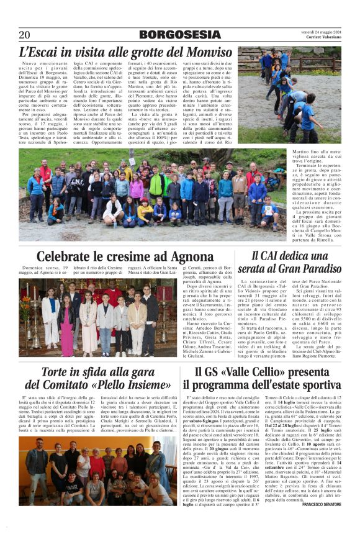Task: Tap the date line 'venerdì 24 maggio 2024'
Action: [x=320, y=31]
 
